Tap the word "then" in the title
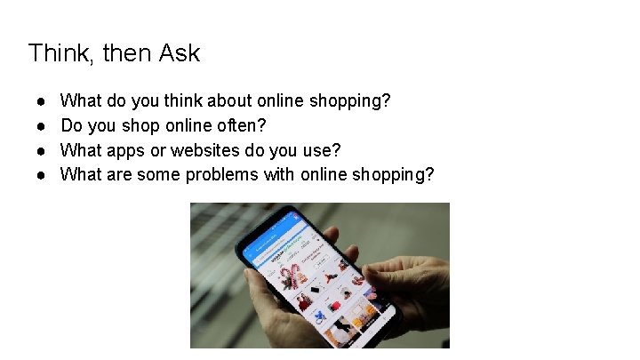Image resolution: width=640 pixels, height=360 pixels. coord(128,53)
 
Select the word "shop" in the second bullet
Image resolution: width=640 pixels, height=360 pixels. coord(148,125)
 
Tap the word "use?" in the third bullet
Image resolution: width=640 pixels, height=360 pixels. coord(322,150)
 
